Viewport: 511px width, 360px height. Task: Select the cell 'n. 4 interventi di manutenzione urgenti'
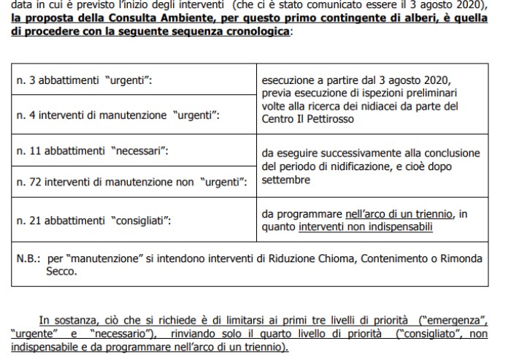pos(135,115)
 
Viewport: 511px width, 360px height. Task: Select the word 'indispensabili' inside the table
pos(400,226)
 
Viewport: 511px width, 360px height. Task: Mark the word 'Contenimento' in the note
pos(390,258)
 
